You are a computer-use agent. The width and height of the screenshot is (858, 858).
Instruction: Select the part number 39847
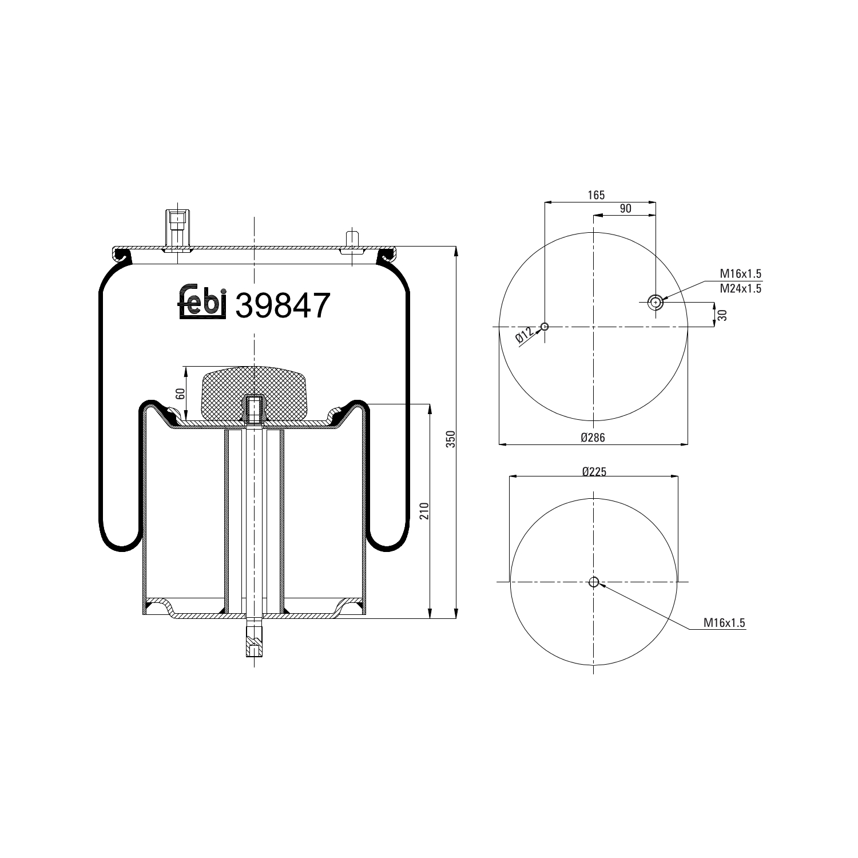coord(283,305)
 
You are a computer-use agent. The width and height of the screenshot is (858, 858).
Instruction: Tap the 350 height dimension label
coord(450,439)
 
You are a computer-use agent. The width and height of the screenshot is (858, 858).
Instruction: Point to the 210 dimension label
coord(424,511)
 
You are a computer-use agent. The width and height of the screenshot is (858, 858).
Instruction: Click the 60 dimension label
coord(180,394)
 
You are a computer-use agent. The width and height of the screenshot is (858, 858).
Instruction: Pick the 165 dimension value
coord(596,195)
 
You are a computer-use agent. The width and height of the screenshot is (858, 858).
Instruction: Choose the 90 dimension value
coord(625,209)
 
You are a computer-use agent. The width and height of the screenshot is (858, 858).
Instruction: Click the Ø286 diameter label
coord(593,438)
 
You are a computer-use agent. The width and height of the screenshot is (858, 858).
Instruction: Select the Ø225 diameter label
coord(594,471)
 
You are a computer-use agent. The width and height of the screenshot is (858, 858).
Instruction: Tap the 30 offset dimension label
coord(722,315)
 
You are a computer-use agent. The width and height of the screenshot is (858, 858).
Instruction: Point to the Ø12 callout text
coord(524,335)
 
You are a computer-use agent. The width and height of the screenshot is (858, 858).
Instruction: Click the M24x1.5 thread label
coord(740,289)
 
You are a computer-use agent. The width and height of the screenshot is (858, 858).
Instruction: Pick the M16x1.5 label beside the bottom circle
coord(725,623)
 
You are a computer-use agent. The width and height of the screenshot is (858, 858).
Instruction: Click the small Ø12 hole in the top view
coord(545,327)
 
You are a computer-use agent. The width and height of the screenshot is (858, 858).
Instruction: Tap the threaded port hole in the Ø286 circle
coord(656,302)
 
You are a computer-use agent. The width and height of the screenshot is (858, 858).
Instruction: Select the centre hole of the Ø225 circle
coord(594,582)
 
